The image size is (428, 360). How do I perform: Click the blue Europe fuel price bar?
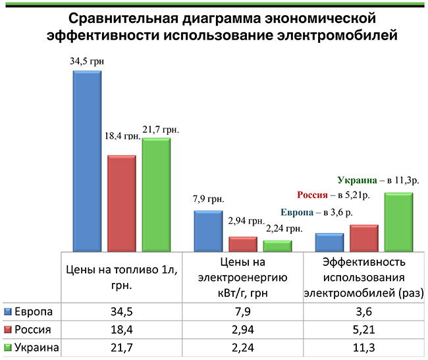pyautogui.click(x=86, y=161)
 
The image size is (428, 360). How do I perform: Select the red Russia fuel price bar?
pyautogui.click(x=121, y=204)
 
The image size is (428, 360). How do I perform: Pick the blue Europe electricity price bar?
pyautogui.click(x=207, y=231)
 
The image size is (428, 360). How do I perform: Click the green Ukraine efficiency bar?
pyautogui.click(x=398, y=222)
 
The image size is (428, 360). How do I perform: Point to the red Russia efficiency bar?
pyautogui.click(x=363, y=238)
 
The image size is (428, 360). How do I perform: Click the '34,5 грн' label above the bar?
pyautogui.click(x=88, y=62)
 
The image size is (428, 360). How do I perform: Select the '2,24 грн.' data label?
pyautogui.click(x=284, y=229)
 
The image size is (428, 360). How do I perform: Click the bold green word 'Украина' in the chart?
pyautogui.click(x=358, y=179)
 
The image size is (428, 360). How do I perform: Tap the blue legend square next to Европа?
pyautogui.click(x=7, y=311)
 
